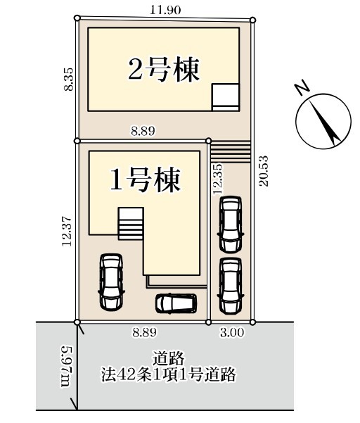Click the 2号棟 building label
pyautogui.click(x=164, y=70)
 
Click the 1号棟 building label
pyautogui.click(x=146, y=179)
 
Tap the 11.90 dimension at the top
pyautogui.click(x=165, y=11)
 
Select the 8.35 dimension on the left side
pyautogui.click(x=68, y=79)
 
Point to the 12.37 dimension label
pyautogui.click(x=67, y=231)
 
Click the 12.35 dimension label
pyautogui.click(x=218, y=178)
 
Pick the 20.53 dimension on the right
pyautogui.click(x=264, y=171)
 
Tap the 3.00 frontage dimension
pyautogui.click(x=232, y=333)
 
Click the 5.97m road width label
pyautogui.click(x=67, y=365)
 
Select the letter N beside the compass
pyautogui.click(x=302, y=87)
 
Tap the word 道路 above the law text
pyautogui.click(x=169, y=359)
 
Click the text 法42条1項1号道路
pyautogui.click(x=169, y=374)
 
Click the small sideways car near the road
pyautogui.click(x=176, y=303)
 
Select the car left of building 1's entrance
pyautogui.click(x=112, y=282)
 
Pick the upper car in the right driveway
pyautogui.click(x=231, y=225)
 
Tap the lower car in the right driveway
pyautogui.click(x=231, y=286)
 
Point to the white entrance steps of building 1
pyautogui.click(x=131, y=224)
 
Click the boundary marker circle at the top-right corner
pyautogui.click(x=252, y=20)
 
